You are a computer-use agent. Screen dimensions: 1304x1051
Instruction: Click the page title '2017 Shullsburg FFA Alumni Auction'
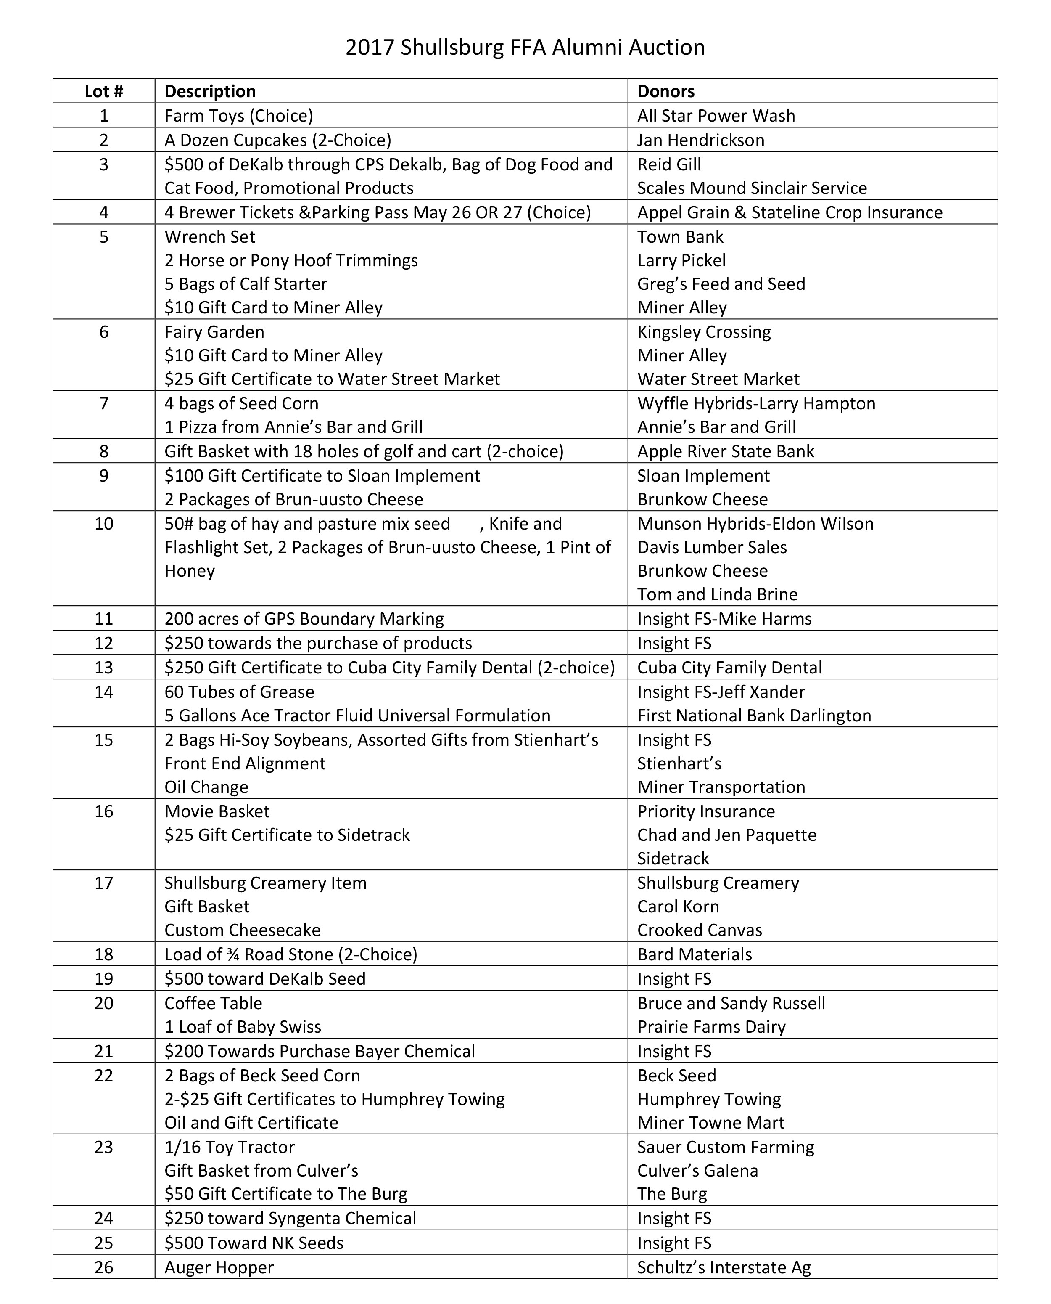[525, 47]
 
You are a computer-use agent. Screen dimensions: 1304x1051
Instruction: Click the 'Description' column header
[210, 91]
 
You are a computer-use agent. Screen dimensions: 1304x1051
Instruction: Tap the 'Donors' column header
[666, 91]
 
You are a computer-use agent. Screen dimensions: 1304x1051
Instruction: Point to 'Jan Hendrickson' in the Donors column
[700, 140]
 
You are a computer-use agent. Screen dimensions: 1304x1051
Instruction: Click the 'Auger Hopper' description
[219, 1267]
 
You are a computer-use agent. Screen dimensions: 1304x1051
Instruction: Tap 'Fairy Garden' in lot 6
[214, 332]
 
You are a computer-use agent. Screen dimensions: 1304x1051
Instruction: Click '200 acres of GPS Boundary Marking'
[304, 618]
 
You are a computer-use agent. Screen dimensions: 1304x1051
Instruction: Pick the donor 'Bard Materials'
[695, 954]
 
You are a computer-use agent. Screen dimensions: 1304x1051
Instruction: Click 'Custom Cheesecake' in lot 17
[242, 930]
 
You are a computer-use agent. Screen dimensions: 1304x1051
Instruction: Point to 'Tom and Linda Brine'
[718, 594]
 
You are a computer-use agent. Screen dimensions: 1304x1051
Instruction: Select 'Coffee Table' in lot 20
[213, 1003]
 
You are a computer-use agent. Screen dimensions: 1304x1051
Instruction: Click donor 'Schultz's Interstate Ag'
[724, 1267]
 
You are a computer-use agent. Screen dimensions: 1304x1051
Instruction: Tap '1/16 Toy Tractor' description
[230, 1147]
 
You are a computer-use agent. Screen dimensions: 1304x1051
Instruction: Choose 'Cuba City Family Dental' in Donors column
[729, 668]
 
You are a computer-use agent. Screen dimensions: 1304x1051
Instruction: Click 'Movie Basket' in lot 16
[217, 811]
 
